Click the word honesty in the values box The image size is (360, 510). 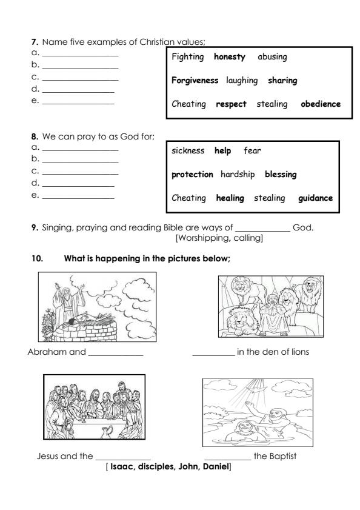(x=230, y=57)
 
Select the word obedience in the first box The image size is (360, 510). (x=321, y=104)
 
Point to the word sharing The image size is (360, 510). (x=282, y=80)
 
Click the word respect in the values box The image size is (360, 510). (x=232, y=104)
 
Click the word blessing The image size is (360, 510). (x=281, y=175)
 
